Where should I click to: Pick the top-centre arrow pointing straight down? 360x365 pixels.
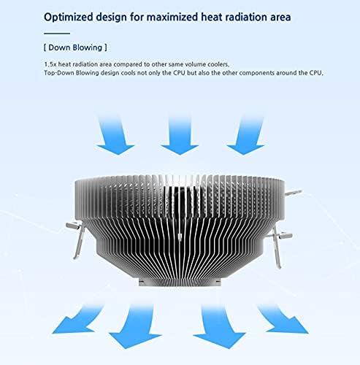pos(179,135)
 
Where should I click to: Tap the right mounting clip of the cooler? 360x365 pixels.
pos(281,237)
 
